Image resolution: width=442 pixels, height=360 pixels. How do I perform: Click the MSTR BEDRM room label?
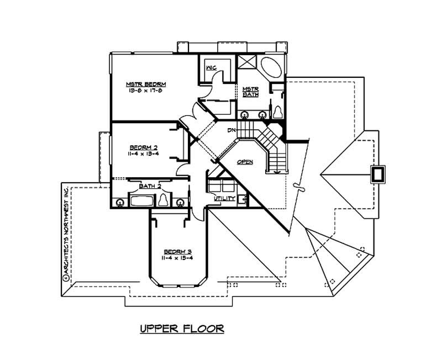coord(146,84)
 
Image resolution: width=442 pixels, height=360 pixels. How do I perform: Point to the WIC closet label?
coord(211,67)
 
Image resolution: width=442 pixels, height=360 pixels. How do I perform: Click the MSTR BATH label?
coord(251,92)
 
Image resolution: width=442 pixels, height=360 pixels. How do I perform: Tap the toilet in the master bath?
coord(278,111)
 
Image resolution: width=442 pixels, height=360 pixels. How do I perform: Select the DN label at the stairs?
coord(232,131)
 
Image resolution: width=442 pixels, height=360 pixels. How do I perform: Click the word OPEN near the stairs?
coord(245,162)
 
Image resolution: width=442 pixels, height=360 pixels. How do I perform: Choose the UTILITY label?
coord(225,198)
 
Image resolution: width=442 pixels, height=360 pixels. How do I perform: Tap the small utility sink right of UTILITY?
coord(241,200)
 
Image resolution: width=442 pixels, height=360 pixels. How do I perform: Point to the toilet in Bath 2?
coord(164,200)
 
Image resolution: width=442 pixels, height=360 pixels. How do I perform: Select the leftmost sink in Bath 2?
coord(119,202)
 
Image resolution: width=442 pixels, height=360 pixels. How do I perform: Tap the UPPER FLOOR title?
coord(181,329)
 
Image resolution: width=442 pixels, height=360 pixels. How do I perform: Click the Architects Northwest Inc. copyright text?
coord(65,235)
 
